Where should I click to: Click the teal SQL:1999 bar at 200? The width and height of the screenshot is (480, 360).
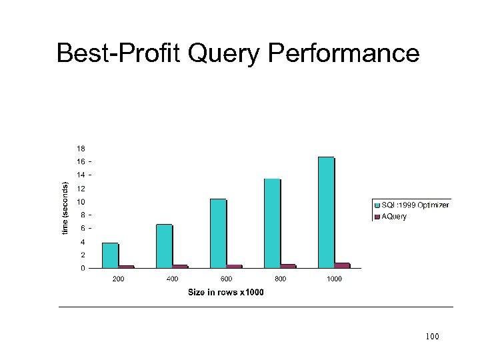[110, 255]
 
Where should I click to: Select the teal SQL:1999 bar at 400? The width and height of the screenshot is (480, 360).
[164, 246]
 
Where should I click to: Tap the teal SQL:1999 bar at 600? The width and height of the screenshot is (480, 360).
[218, 233]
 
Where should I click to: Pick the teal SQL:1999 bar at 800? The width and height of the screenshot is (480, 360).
[272, 223]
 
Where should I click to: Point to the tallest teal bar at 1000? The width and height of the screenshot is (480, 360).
[326, 212]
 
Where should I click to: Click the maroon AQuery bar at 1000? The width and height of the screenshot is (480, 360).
[342, 265]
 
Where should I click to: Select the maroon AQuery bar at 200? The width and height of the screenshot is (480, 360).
[126, 267]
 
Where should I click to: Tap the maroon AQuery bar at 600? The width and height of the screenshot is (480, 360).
[234, 267]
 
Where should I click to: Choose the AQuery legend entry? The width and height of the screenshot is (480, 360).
[393, 217]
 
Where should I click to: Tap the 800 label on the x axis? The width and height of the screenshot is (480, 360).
[280, 279]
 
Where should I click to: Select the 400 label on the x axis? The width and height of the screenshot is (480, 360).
[172, 279]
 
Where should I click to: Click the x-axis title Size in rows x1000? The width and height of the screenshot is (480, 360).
[225, 292]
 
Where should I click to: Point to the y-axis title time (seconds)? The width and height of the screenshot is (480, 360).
[65, 208]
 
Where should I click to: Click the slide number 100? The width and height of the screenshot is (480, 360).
[432, 337]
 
